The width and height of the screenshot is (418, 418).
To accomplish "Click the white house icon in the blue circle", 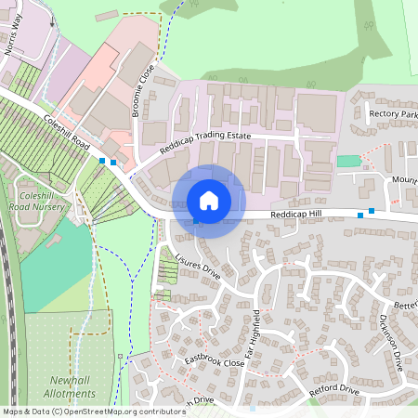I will pos(209,201).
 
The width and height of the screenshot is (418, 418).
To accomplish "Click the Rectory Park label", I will pos(393,114).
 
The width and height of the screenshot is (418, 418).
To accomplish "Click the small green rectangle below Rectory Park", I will pos(347,161).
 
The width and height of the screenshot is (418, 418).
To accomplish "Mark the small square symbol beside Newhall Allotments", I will pos(120,356).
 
